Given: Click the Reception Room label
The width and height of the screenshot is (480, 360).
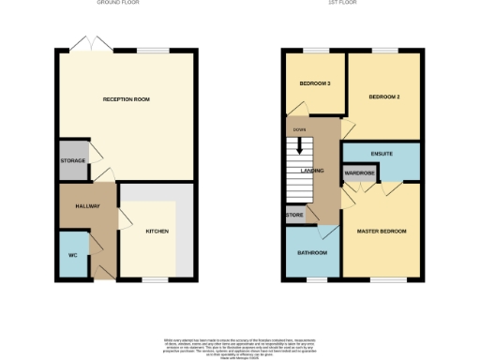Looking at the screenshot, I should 127,99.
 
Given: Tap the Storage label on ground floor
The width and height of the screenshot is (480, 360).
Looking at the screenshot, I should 74,161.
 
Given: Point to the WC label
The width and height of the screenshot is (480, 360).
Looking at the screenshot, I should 72,255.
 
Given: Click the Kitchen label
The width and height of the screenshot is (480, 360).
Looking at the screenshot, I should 157,231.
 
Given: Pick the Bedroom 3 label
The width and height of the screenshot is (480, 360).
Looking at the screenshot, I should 316,83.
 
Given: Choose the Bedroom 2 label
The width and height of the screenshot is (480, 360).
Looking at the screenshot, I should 384,97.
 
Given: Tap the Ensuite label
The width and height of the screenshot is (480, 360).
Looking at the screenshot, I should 381,153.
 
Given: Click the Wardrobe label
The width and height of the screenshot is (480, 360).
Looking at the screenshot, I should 360,173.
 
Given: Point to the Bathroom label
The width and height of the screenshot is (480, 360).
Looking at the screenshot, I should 313,253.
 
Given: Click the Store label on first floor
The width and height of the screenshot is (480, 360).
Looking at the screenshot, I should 294,216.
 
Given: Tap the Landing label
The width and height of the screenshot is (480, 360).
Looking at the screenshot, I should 311,171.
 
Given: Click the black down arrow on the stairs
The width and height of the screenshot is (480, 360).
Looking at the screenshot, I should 300,145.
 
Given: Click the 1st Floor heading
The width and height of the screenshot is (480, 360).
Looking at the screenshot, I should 352,3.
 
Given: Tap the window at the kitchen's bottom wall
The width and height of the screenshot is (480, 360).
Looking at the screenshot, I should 154,279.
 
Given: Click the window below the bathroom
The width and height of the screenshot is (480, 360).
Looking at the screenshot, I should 312,279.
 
